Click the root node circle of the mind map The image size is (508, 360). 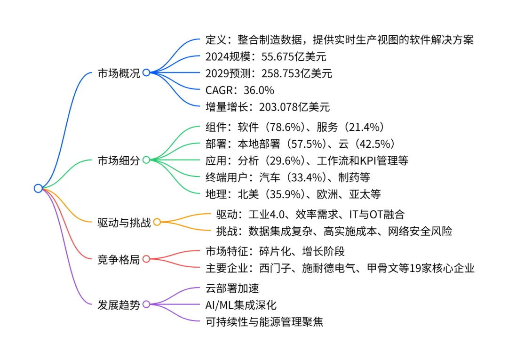(x=38, y=188)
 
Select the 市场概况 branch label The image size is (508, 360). (x=119, y=73)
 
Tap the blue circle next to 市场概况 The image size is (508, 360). (x=146, y=72)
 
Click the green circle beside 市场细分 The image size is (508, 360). (x=146, y=160)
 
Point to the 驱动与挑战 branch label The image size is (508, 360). (x=124, y=222)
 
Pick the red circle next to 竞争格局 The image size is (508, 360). (x=146, y=259)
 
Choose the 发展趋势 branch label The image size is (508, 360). (x=119, y=304)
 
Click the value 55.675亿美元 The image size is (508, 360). (x=293, y=57)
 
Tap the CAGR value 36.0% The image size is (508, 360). (x=259, y=90)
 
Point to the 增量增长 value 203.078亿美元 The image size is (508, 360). (x=294, y=107)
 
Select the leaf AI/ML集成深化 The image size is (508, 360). (x=241, y=304)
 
